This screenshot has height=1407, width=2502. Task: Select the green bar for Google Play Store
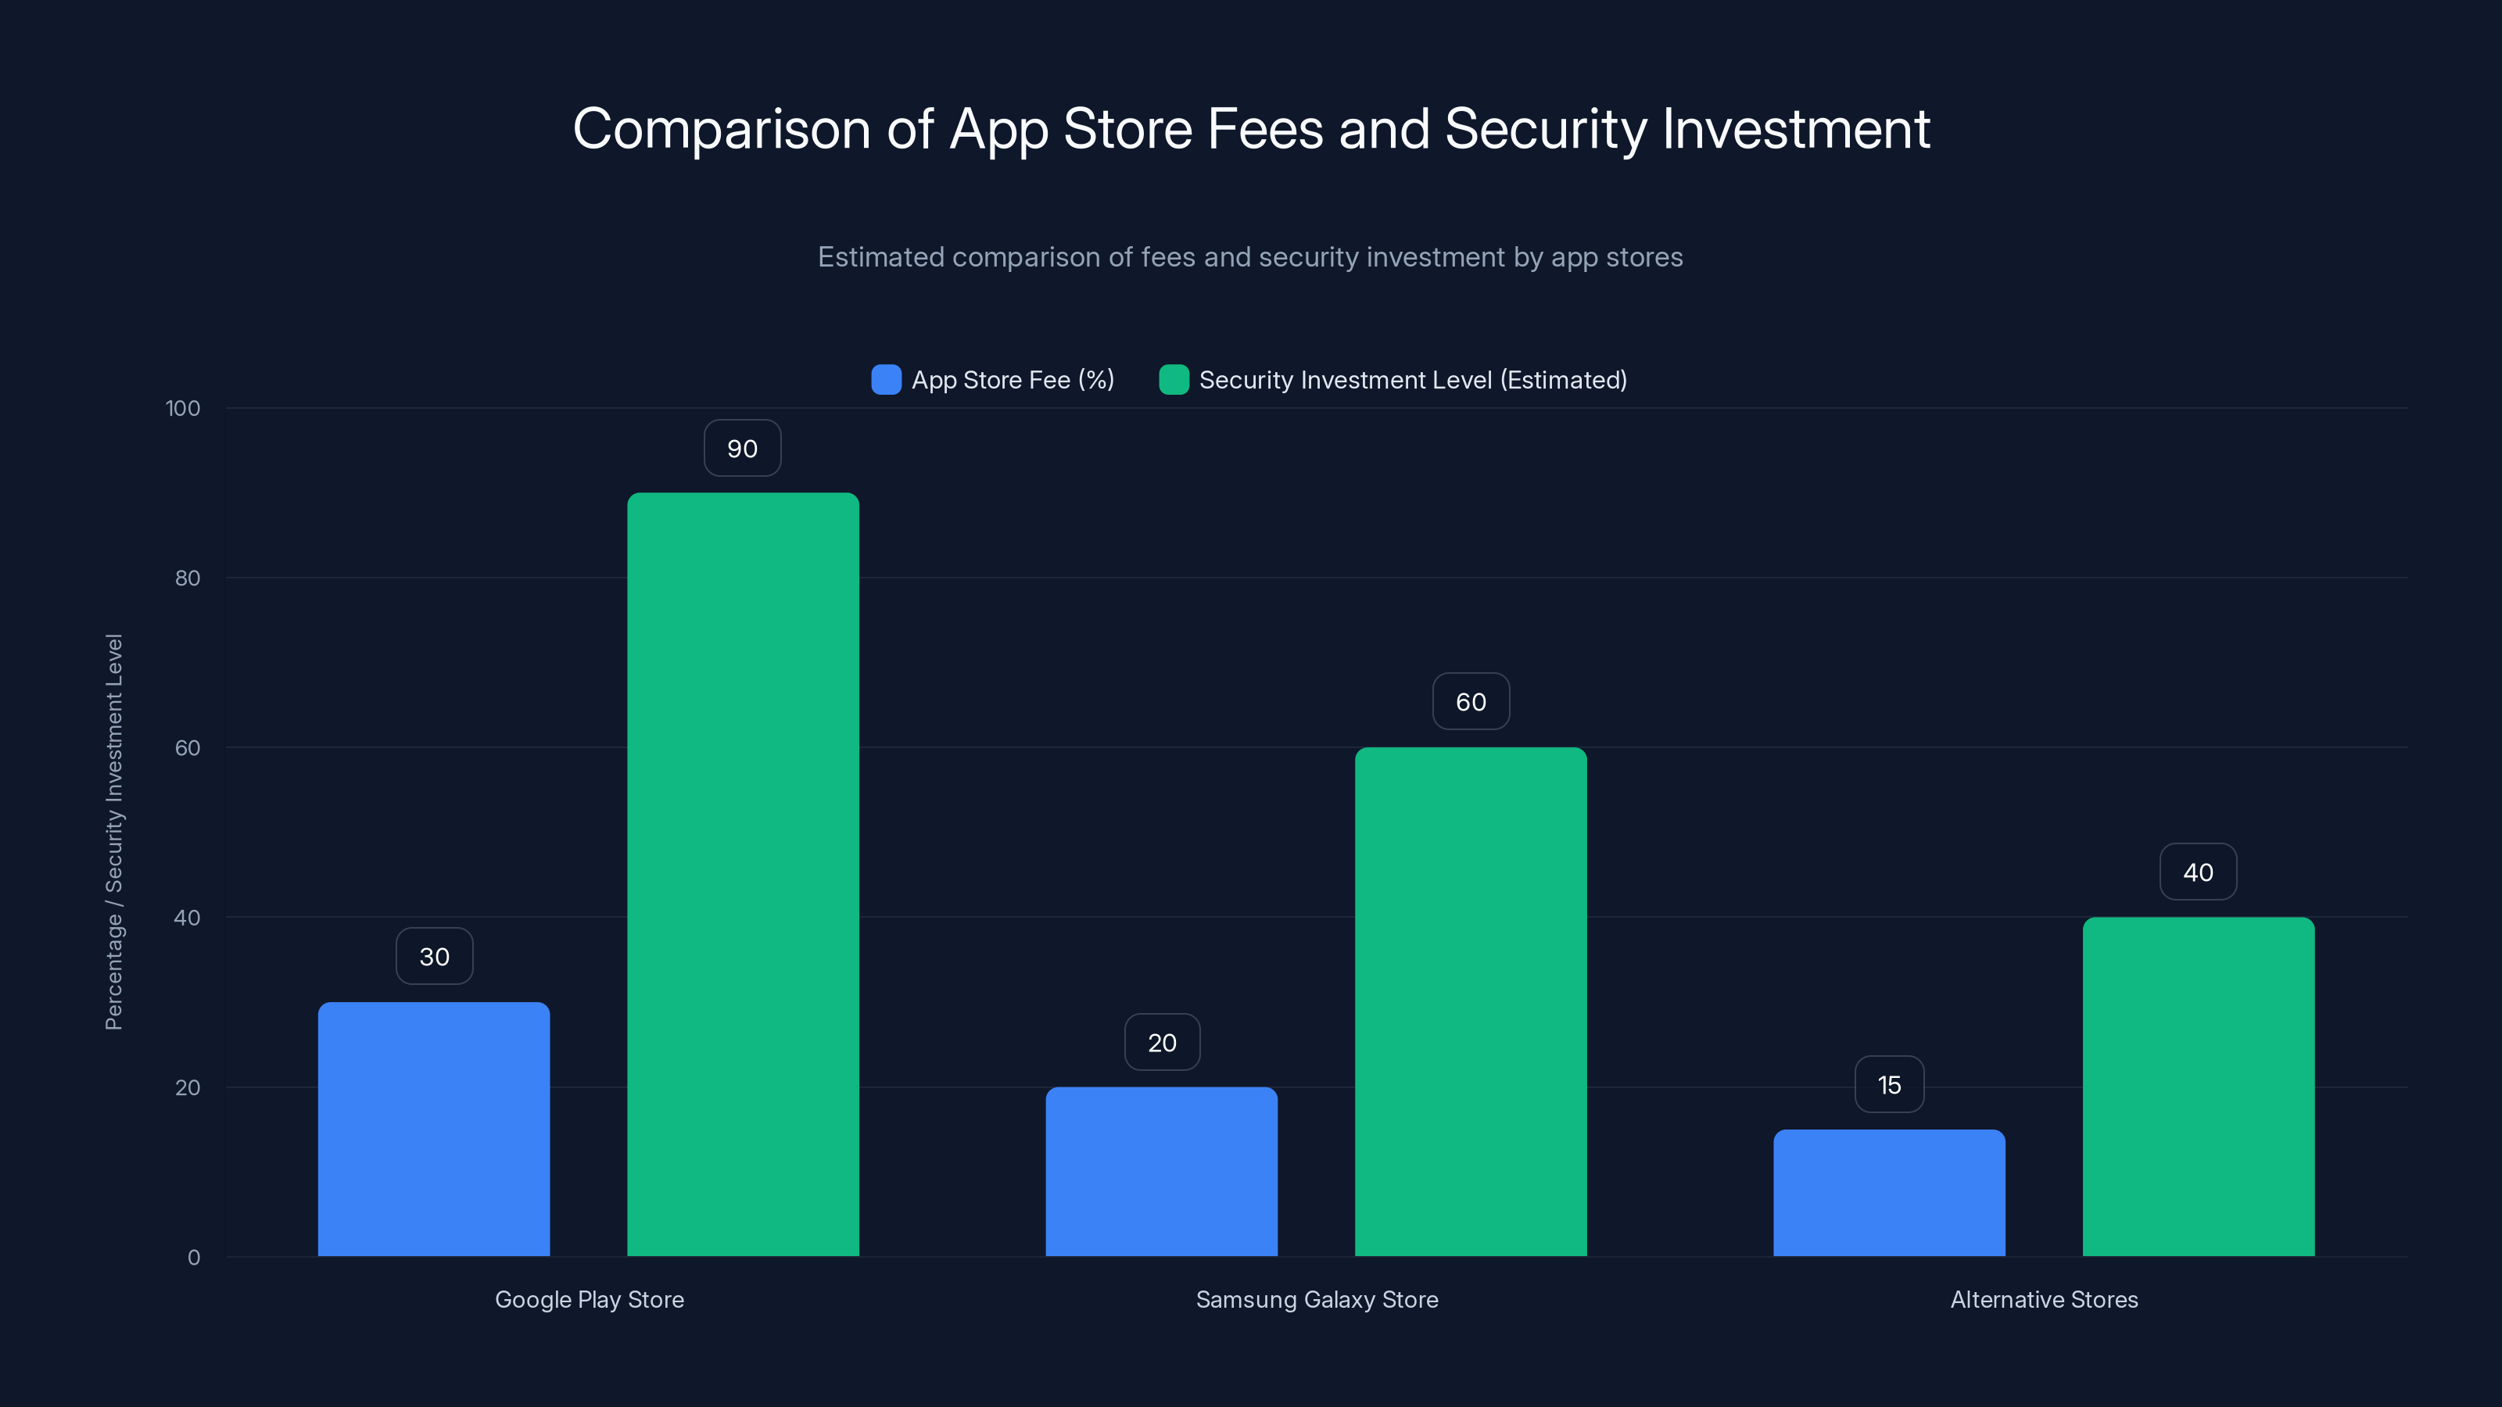click(x=743, y=874)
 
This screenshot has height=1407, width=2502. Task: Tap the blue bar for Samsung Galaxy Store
click(x=1162, y=1171)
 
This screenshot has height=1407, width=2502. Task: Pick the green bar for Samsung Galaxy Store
click(x=1471, y=1001)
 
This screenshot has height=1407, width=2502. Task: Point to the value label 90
click(x=742, y=449)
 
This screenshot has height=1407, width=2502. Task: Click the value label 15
click(x=1889, y=1085)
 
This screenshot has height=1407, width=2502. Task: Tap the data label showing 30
click(x=434, y=957)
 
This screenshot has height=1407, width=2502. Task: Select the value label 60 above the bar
click(x=1471, y=701)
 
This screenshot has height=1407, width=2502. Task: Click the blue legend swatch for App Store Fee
click(x=886, y=380)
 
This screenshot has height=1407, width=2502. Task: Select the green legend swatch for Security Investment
click(x=1174, y=380)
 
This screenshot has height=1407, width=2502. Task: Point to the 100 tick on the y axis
click(x=183, y=408)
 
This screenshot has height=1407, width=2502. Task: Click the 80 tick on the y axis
click(x=188, y=578)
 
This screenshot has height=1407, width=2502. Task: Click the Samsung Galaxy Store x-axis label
click(x=1316, y=1299)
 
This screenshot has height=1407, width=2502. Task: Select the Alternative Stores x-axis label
click(x=2044, y=1299)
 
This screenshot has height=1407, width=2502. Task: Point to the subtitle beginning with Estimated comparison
click(x=1250, y=256)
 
